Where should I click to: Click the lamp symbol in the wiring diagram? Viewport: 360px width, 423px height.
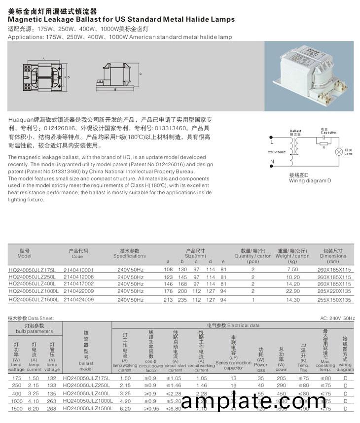point(339,152)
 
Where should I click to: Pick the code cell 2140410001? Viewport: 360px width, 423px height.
point(79,270)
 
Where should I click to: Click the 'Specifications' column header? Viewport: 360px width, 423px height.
point(130,256)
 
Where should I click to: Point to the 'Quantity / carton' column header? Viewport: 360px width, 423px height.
point(252,256)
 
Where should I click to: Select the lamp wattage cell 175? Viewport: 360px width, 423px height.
point(16,378)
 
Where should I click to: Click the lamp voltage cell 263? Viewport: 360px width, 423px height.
point(51,402)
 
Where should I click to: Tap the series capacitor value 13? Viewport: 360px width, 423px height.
point(233,378)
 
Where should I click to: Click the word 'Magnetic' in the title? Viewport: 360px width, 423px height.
point(30,19)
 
